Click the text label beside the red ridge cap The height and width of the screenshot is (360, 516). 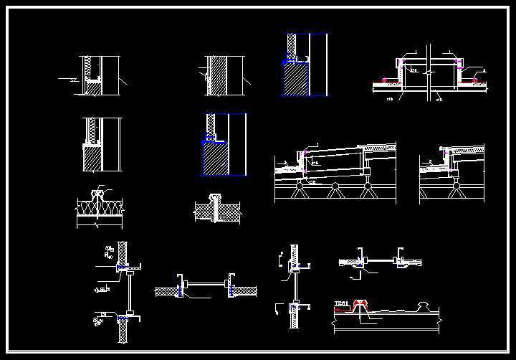[x=341, y=304]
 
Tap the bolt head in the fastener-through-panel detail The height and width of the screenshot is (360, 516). [x=215, y=196]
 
